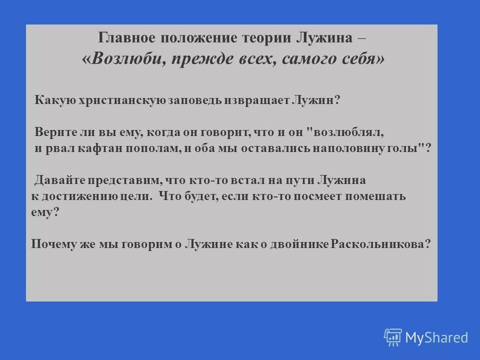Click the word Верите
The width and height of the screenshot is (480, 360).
pyautogui.click(x=52, y=132)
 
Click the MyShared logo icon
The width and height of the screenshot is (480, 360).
pyautogui.click(x=393, y=337)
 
